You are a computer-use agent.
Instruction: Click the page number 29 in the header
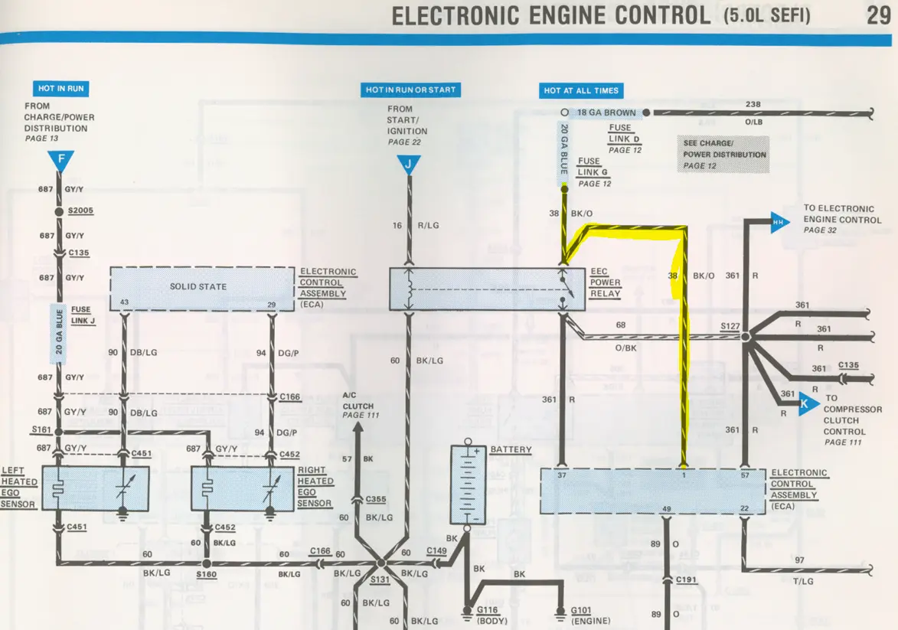pos(879,15)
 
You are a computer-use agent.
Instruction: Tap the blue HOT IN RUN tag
pos(60,88)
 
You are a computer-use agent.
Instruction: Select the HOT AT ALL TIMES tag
pos(581,90)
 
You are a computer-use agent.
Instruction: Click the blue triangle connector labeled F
pos(60,160)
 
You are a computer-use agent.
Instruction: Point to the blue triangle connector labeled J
pos(408,165)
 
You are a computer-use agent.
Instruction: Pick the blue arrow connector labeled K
pos(808,403)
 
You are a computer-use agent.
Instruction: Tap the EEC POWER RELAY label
pos(606,282)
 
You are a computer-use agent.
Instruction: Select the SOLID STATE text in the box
pos(198,286)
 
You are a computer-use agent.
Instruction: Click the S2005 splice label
pos(80,211)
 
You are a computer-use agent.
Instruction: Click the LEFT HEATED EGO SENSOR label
pos(18,488)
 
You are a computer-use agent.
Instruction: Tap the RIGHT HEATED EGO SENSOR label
pos(315,487)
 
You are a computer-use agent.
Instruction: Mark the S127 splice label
pos(730,326)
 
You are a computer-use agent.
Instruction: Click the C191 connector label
pos(686,579)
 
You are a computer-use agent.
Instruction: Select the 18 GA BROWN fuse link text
pos(606,113)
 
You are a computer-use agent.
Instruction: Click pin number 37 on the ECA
pos(562,475)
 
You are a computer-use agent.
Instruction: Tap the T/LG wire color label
pos(803,581)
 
